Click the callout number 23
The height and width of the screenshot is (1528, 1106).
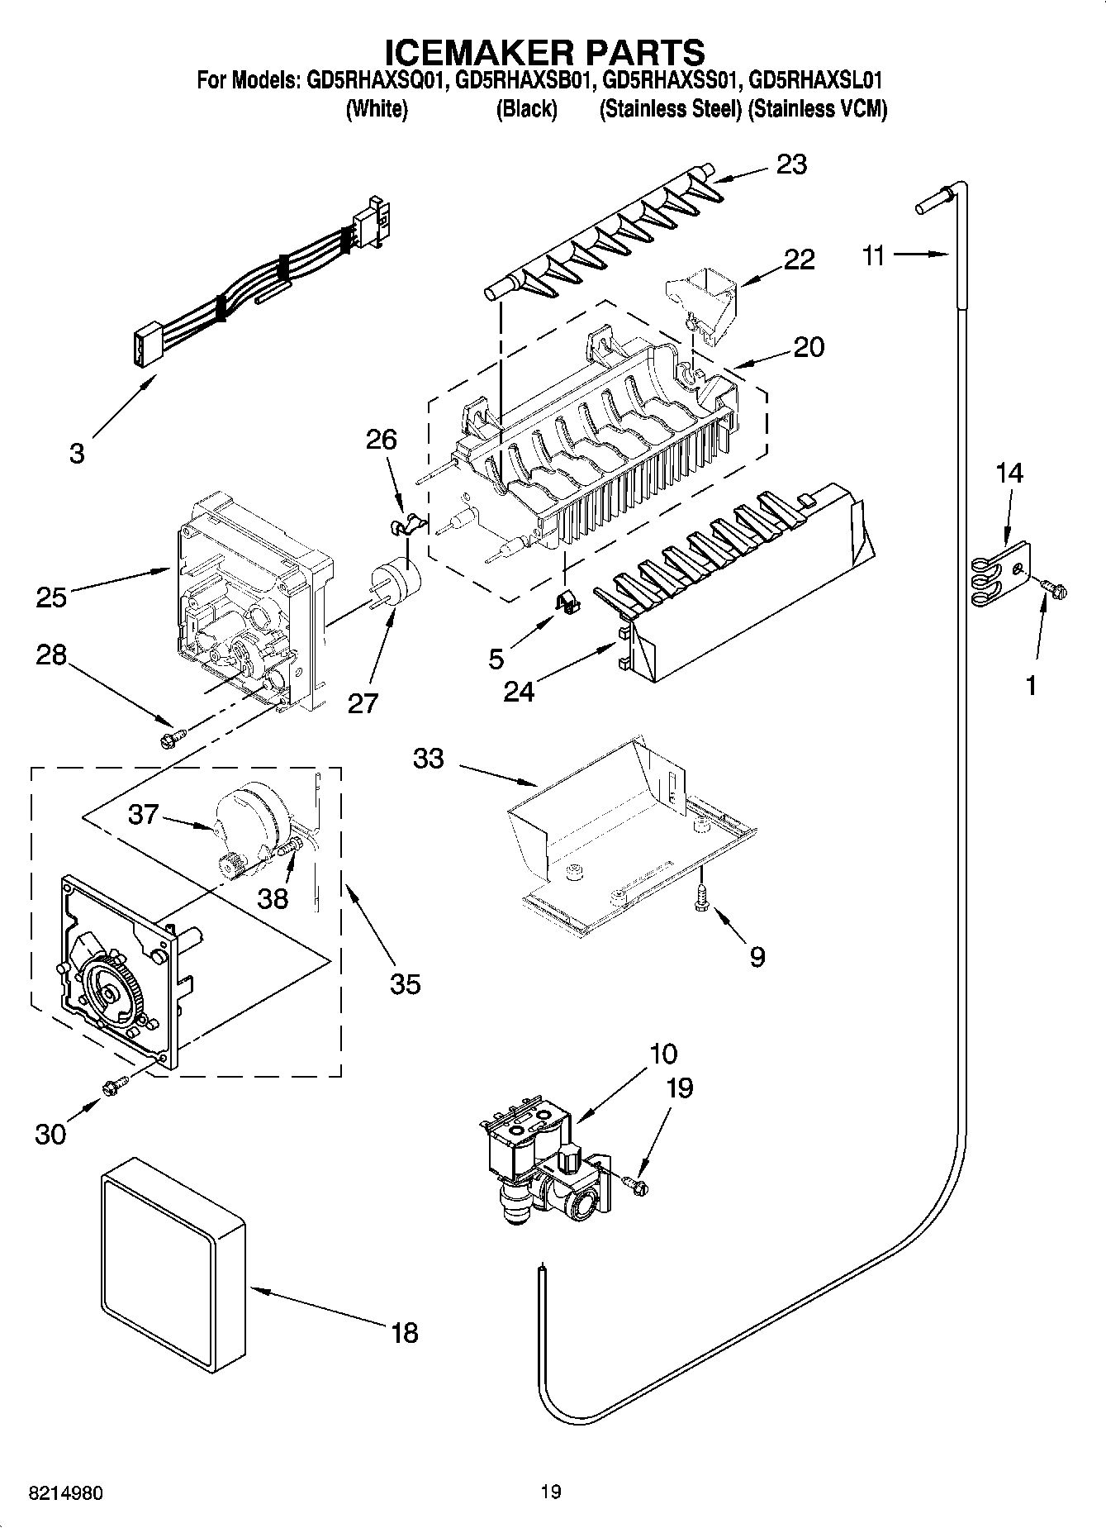click(x=790, y=164)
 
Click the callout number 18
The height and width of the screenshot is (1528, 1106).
click(x=404, y=1332)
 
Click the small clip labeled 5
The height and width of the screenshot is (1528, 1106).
click(x=566, y=603)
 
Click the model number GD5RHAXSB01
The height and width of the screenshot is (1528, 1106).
click(x=525, y=81)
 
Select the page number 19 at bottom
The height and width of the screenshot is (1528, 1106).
click(x=551, y=1492)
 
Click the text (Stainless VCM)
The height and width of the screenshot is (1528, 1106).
click(x=817, y=109)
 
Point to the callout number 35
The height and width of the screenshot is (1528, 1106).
click(x=405, y=983)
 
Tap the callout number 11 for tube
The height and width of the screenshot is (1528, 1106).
click(x=874, y=255)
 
